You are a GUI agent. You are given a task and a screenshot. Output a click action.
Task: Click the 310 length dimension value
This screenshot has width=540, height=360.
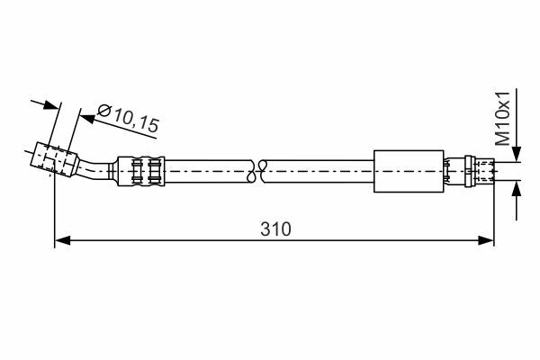pos(275,229)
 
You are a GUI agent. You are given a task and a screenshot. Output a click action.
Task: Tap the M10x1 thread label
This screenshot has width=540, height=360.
pos(502,119)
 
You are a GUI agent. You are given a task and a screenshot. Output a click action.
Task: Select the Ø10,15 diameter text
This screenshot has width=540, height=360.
pos(129,118)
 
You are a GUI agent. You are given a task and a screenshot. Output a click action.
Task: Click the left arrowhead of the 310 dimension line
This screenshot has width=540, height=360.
pos(62,240)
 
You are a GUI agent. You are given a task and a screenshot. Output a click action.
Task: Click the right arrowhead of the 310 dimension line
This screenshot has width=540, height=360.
pos(486,240)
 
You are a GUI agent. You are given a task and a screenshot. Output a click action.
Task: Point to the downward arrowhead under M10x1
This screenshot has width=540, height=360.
pos(516,154)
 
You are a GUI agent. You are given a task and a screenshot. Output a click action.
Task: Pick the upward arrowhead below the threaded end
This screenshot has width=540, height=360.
pos(516,188)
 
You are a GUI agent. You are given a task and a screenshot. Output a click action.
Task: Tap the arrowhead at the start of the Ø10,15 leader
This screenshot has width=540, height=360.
pos(87,119)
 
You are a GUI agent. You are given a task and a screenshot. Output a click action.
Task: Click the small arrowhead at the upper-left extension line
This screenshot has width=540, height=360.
pos(51,104)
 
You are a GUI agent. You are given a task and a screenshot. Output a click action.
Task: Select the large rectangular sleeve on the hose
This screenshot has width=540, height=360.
pos(409,171)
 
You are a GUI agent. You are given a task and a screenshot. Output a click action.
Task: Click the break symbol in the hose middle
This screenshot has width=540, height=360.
pos(256,171)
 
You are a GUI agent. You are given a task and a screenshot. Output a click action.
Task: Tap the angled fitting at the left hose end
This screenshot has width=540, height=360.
pos(54,159)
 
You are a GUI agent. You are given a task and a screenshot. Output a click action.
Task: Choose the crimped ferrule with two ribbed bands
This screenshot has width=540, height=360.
pos(141,171)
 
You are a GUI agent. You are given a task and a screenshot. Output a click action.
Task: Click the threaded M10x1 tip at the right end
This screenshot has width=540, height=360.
pos(485,171)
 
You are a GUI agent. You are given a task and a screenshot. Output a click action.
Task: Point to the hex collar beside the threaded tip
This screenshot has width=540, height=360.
pos(471,171)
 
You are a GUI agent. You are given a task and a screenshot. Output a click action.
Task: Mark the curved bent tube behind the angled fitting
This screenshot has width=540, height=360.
pos(93,169)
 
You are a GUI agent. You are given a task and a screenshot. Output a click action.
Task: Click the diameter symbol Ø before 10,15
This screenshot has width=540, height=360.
pos(103,110)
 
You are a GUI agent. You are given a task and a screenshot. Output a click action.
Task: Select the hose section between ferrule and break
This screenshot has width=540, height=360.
pos(208,171)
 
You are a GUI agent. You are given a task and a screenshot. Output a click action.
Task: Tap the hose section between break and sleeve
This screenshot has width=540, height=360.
pos(319,171)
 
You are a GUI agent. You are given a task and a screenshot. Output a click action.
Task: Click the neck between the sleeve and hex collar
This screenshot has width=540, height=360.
pos(454,171)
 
